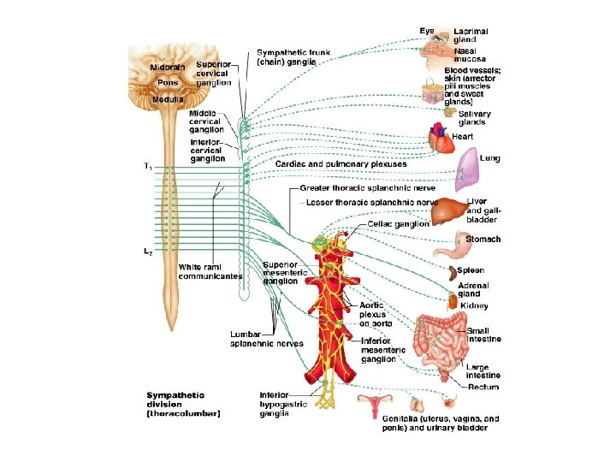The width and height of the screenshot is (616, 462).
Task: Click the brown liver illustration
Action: point(447,210)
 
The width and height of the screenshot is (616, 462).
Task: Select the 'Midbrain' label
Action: point(167,67)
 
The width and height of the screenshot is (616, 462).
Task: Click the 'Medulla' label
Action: point(168,99)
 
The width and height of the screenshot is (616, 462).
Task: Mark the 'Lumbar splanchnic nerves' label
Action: point(266,339)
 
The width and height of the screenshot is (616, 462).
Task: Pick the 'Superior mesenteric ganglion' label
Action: point(281,272)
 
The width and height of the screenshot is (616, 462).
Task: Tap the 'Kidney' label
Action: point(474,305)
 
